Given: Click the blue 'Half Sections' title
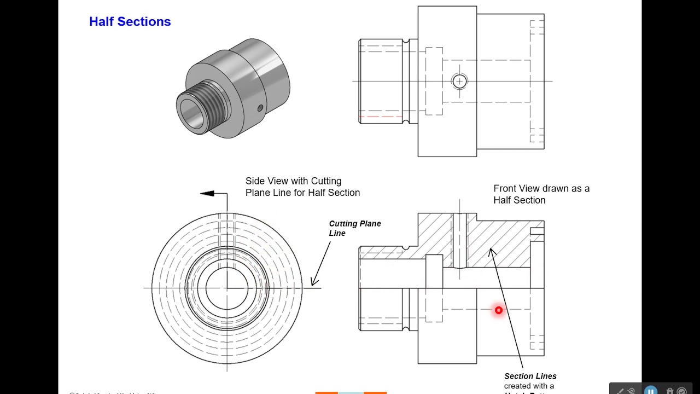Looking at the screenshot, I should pyautogui.click(x=130, y=21).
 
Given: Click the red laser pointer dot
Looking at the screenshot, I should pyautogui.click(x=498, y=310).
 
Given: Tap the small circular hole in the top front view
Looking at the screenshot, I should pyautogui.click(x=459, y=82).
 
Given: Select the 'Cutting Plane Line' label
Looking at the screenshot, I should pyautogui.click(x=354, y=228).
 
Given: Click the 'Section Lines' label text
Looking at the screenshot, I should pyautogui.click(x=530, y=376).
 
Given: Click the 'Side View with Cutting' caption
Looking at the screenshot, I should pyautogui.click(x=293, y=181).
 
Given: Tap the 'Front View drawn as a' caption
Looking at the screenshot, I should pyautogui.click(x=541, y=188).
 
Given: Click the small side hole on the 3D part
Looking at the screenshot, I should pyautogui.click(x=260, y=108).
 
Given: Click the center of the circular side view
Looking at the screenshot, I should pyautogui.click(x=227, y=288).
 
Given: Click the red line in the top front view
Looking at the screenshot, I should pyautogui.click(x=381, y=117).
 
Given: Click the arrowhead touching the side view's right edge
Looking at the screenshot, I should pyautogui.click(x=314, y=281).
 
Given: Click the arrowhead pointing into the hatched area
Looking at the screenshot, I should pyautogui.click(x=492, y=252).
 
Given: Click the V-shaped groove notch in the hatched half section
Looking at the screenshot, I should pyautogui.click(x=405, y=248).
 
